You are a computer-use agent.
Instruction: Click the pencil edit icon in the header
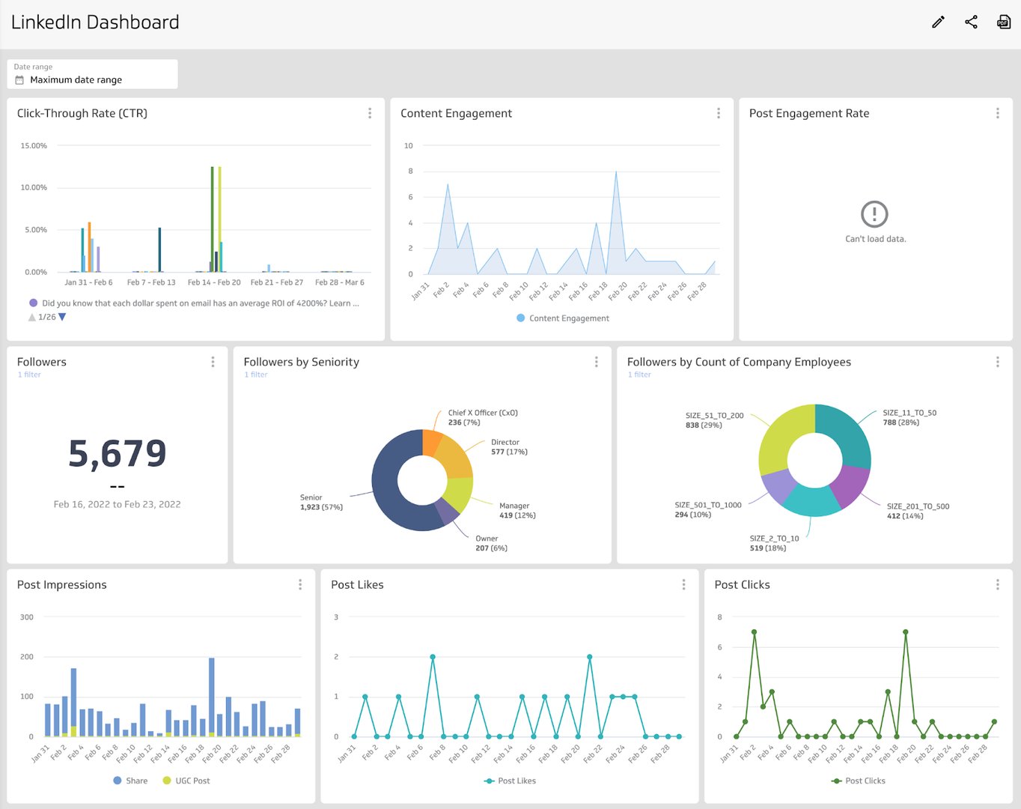pyautogui.click(x=938, y=22)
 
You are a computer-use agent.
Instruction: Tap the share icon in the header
pyautogui.click(x=971, y=22)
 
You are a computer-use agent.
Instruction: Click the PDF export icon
pyautogui.click(x=1004, y=22)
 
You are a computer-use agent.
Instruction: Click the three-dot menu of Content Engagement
pyautogui.click(x=719, y=113)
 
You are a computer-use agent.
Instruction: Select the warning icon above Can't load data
pyautogui.click(x=874, y=214)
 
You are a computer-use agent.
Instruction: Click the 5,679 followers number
pyautogui.click(x=118, y=453)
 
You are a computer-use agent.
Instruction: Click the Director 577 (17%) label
pyautogui.click(x=509, y=447)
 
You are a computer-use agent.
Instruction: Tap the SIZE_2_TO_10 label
pyautogui.click(x=774, y=543)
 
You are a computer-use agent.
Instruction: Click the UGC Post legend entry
pyautogui.click(x=186, y=781)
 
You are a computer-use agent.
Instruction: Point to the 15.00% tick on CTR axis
pyautogui.click(x=34, y=145)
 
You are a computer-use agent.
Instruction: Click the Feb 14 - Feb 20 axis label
pyautogui.click(x=214, y=282)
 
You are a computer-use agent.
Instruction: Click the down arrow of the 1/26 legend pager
pyautogui.click(x=62, y=317)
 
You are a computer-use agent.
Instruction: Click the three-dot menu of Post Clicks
pyautogui.click(x=997, y=584)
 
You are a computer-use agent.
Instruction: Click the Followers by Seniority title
pyautogui.click(x=301, y=362)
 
